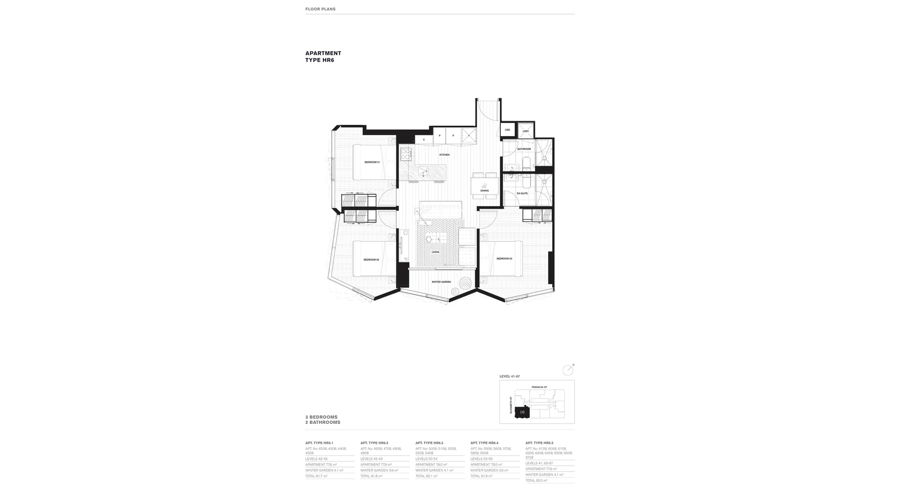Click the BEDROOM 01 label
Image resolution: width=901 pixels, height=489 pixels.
point(372,162)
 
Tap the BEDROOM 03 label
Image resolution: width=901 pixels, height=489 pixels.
point(504,259)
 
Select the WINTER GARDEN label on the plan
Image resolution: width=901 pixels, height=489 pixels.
point(441,282)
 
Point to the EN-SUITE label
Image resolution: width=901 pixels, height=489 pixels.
point(522,193)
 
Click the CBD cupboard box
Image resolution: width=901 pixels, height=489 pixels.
point(507,130)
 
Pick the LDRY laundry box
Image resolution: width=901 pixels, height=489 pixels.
point(526,131)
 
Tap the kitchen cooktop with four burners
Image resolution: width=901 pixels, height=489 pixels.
point(406,154)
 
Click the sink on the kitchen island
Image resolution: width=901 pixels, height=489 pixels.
point(424,171)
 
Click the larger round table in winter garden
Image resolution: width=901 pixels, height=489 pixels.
point(466,283)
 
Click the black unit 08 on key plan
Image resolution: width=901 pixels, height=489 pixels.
point(522,412)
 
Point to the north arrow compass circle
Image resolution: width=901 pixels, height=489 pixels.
point(568,370)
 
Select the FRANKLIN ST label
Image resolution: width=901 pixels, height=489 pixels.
point(539,387)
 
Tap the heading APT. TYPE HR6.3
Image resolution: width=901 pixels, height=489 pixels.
point(429,443)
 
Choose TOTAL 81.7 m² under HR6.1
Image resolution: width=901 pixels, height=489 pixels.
point(316,476)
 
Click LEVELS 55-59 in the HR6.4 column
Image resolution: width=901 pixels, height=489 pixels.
point(481,459)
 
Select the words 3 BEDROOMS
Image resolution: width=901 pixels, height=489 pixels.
point(321,417)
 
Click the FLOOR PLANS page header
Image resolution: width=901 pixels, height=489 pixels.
point(321,9)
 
